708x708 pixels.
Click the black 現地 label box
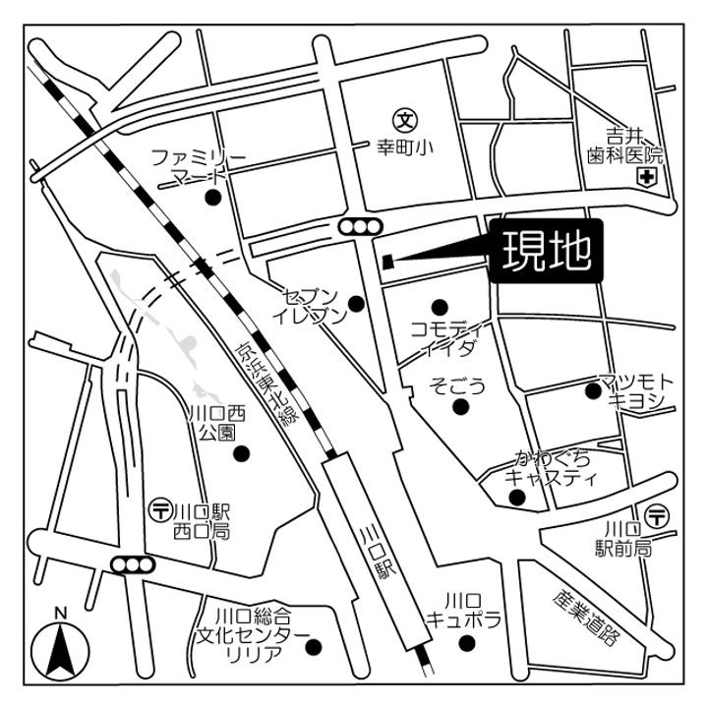click(547, 251)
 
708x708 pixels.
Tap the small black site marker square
click(387, 261)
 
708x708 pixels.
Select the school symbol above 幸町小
click(404, 121)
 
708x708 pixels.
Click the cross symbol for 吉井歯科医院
click(647, 177)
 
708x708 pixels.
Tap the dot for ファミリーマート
click(211, 197)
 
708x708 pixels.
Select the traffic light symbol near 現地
click(359, 227)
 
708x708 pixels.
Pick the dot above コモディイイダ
click(440, 306)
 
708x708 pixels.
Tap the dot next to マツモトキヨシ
click(592, 391)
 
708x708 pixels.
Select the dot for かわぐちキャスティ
click(517, 497)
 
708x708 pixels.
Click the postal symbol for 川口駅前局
click(658, 511)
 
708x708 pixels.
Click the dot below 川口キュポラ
click(467, 643)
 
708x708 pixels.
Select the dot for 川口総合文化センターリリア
click(314, 647)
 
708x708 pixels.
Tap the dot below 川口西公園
click(240, 454)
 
